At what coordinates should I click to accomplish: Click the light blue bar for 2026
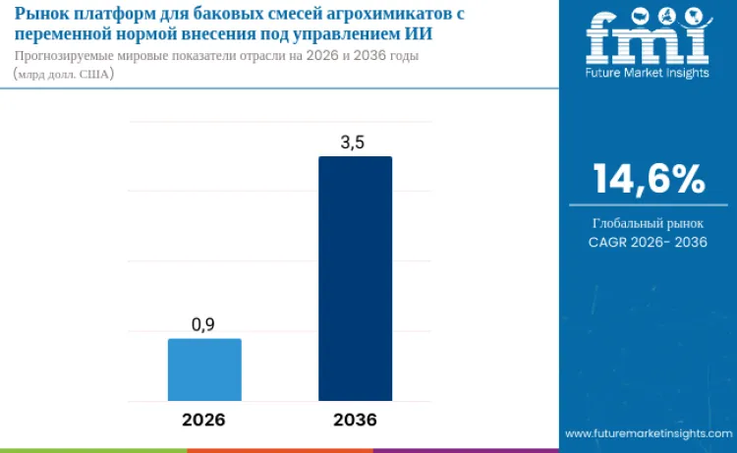(x=204, y=369)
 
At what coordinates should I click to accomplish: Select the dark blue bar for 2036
(x=355, y=278)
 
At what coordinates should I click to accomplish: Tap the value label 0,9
(x=203, y=324)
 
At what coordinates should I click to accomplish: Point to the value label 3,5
(x=353, y=142)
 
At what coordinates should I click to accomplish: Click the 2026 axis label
(x=203, y=420)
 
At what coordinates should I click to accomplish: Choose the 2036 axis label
(x=355, y=420)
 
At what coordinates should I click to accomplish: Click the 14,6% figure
(x=648, y=179)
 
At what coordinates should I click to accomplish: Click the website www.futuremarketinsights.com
(x=648, y=433)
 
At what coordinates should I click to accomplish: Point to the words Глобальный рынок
(x=648, y=223)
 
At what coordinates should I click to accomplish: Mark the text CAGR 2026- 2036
(x=648, y=242)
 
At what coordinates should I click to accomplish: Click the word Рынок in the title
(x=42, y=14)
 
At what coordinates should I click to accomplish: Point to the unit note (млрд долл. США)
(x=64, y=74)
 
